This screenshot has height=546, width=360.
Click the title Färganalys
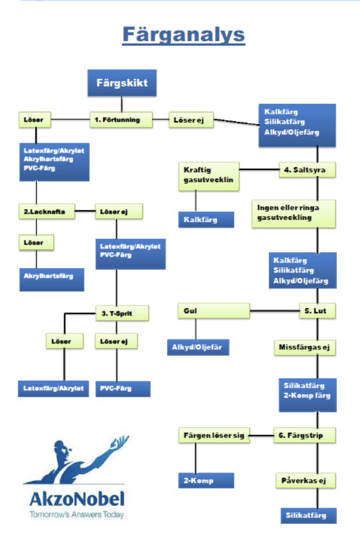183,35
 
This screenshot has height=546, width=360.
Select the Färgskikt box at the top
122,83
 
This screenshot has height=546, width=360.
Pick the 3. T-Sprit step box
123,314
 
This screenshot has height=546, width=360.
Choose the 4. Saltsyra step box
308,170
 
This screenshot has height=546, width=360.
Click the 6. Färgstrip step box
305,434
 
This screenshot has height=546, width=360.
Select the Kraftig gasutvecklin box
209,175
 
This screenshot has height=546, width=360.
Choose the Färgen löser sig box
214,434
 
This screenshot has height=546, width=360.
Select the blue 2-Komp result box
206,481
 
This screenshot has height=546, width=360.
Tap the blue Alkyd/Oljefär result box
198,347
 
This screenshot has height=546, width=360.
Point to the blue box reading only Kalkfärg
206,220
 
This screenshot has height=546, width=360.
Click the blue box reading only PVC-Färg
123,388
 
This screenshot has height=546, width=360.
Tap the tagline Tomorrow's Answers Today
77,515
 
